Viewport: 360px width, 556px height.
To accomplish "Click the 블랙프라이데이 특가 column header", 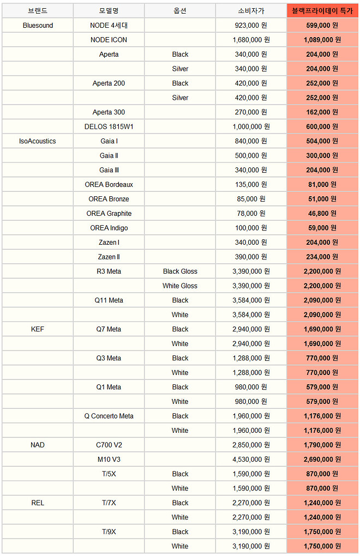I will point(322,11).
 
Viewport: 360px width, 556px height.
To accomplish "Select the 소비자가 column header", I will point(251,11).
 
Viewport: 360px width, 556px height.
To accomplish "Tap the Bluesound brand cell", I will point(38,26).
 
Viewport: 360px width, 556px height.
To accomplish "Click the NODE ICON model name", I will point(109,40).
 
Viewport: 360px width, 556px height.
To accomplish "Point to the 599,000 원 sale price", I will point(322,26).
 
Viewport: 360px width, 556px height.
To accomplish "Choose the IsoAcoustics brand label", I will point(38,141).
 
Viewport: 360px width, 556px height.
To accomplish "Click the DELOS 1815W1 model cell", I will point(109,126).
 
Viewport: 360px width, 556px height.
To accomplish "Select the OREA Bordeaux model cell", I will point(109,185).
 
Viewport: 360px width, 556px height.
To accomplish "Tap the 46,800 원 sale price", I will point(322,214).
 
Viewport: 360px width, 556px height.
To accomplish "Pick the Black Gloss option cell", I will point(180,271).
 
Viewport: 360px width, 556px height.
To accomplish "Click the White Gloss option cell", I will point(180,286).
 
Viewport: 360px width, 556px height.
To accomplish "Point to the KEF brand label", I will point(38,329).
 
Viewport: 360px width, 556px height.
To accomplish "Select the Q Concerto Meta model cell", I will point(109,416).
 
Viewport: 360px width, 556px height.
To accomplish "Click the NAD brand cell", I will point(38,445).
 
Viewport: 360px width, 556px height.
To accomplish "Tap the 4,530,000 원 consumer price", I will point(251,460).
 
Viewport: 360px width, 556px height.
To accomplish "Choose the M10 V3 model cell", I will point(109,460).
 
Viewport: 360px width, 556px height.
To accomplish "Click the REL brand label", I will point(38,503).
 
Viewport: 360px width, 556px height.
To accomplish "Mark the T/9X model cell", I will point(109,531).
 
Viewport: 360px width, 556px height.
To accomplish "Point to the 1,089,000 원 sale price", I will point(322,40).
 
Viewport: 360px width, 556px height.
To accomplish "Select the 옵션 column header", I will point(180,11).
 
